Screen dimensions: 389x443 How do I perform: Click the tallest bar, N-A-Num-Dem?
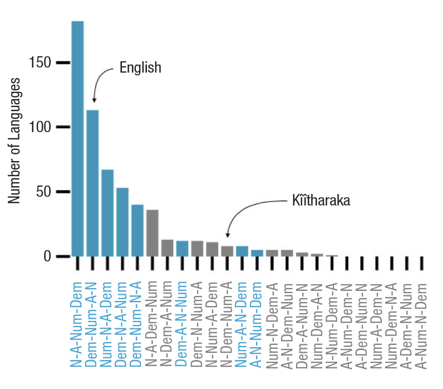[x=77, y=139]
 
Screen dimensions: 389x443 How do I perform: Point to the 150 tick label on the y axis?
[x=40, y=62]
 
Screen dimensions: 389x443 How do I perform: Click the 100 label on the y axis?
[x=40, y=127]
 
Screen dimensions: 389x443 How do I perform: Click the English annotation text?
[x=140, y=68]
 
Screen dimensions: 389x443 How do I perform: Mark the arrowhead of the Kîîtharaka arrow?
[x=227, y=235]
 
